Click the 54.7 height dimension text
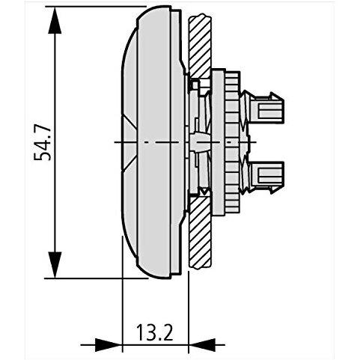(43, 142)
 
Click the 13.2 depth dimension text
(155, 332)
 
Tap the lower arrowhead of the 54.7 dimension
(55, 265)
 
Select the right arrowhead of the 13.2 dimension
(202, 345)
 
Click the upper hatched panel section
(200, 46)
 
